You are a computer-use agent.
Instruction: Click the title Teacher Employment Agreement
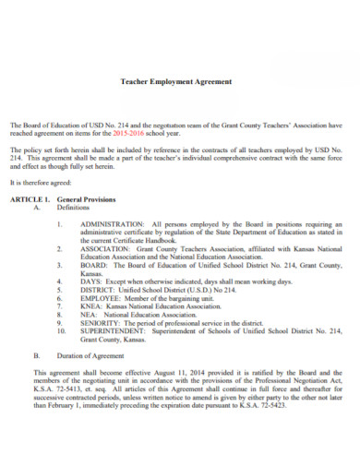coord(177,82)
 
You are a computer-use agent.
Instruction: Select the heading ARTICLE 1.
coord(31,199)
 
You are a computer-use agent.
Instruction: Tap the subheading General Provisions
coord(88,199)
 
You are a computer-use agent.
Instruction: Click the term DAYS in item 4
coord(90,281)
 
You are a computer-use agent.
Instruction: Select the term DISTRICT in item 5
coord(99,290)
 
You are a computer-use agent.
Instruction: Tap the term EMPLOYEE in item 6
coord(101,298)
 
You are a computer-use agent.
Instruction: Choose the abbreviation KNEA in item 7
coord(91,306)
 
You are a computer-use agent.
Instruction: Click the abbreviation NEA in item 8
coord(89,315)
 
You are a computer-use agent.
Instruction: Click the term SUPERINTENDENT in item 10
coord(113,331)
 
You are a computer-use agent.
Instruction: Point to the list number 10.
coord(61,331)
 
